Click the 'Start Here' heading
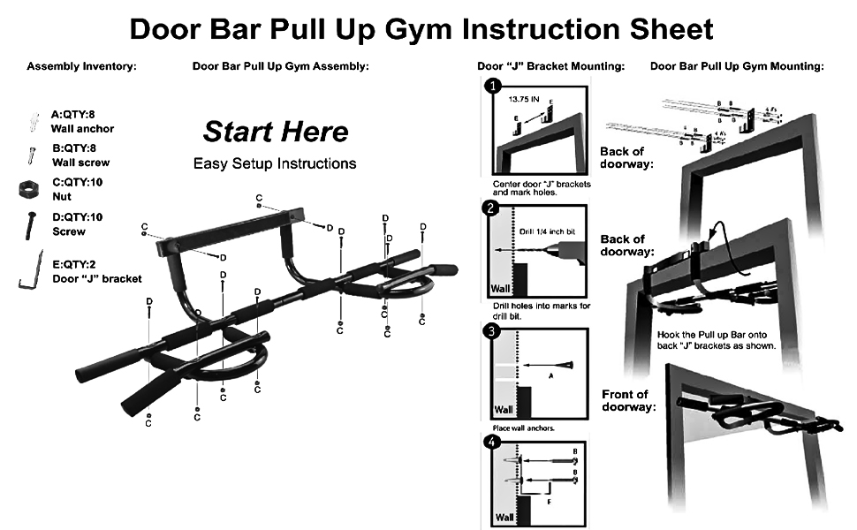276,132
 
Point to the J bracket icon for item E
32,269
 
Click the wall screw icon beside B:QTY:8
33,155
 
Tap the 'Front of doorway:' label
630,400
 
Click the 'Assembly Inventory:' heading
81,66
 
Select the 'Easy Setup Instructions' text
275,163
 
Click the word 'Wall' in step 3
503,410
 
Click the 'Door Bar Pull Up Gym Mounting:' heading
737,66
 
